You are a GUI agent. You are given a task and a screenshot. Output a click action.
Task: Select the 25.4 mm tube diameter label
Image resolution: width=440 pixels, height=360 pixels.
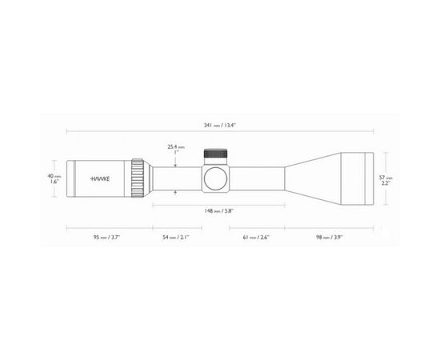176,146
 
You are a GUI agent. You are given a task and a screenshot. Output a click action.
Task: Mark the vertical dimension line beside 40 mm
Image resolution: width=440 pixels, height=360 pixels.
62,178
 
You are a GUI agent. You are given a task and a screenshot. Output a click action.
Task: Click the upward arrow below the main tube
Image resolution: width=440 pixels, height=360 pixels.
176,192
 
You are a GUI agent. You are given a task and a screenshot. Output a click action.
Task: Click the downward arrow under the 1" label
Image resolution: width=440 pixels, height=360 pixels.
176,161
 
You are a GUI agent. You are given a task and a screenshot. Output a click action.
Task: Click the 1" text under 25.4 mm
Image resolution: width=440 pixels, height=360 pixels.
176,153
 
